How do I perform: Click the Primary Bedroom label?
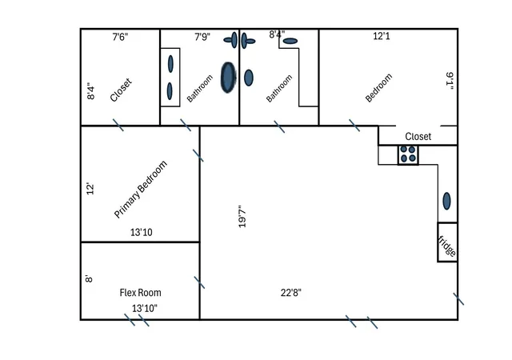pyautogui.click(x=141, y=189)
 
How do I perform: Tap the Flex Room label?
pyautogui.click(x=141, y=292)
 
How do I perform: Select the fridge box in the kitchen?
pyautogui.click(x=447, y=242)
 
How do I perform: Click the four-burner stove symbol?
pyautogui.click(x=408, y=154)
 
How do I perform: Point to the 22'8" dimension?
pyautogui.click(x=291, y=292)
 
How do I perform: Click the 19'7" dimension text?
pyautogui.click(x=242, y=216)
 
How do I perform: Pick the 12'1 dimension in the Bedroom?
pyautogui.click(x=382, y=36)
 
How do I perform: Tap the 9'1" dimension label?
pyautogui.click(x=450, y=82)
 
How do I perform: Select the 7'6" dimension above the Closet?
pyautogui.click(x=120, y=37)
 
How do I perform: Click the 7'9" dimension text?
pyautogui.click(x=202, y=37)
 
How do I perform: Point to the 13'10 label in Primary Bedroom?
pyautogui.click(x=142, y=232)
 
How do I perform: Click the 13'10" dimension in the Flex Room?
pyautogui.click(x=145, y=308)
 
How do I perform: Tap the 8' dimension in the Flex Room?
pyautogui.click(x=89, y=278)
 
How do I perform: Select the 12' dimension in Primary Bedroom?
pyautogui.click(x=90, y=189)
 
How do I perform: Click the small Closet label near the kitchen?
pyautogui.click(x=418, y=136)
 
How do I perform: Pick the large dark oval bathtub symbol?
pyautogui.click(x=228, y=78)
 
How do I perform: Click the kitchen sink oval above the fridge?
pyautogui.click(x=446, y=201)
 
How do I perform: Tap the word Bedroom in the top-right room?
pyautogui.click(x=378, y=88)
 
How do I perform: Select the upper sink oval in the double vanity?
pyautogui.click(x=170, y=64)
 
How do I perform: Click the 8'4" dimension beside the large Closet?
pyautogui.click(x=90, y=91)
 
